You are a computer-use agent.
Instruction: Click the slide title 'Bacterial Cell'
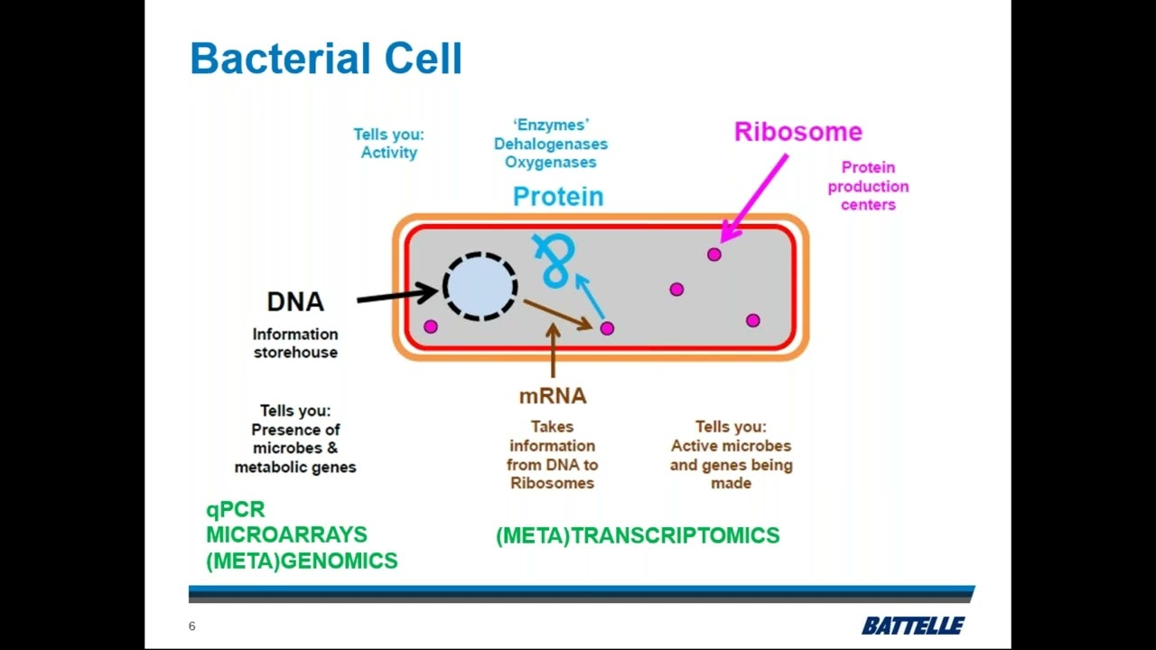coord(325,60)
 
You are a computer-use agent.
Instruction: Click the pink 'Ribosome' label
coord(797,132)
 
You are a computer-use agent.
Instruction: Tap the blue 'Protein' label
coord(557,197)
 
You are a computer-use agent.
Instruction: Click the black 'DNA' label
coord(294,302)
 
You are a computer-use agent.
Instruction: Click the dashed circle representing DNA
coord(480,286)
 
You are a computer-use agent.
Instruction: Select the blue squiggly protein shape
coord(554,260)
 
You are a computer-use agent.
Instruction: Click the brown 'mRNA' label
coord(552,395)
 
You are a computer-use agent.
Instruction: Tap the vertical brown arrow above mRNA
coord(553,352)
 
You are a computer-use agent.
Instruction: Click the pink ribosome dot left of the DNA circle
coord(431,327)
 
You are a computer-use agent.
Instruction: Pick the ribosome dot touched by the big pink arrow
coord(714,255)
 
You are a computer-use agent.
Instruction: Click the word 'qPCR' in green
coord(235,510)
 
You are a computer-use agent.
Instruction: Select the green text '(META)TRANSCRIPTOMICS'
coord(637,536)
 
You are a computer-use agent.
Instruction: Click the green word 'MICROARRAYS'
coord(286,535)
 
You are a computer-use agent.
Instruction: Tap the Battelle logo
coord(912,626)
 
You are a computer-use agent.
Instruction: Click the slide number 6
coord(191,627)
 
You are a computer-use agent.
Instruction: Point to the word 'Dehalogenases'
coord(550,144)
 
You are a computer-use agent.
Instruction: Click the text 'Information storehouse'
coord(295,343)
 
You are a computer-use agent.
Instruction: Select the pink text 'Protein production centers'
coord(868,186)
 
